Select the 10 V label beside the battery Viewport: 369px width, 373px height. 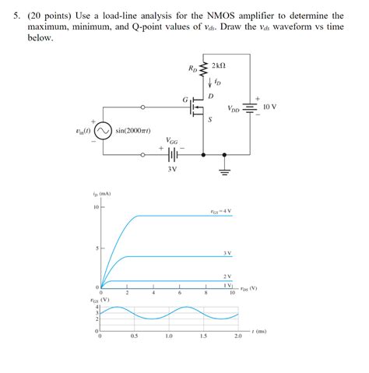(270, 105)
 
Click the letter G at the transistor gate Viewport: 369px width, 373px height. (184, 100)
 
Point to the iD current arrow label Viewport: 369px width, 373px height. (219, 81)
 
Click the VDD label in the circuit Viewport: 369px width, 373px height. (234, 108)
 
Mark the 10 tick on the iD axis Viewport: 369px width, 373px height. (96, 208)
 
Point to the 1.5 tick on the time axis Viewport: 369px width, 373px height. (203, 336)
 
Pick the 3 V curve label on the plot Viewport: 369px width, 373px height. (227, 253)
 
